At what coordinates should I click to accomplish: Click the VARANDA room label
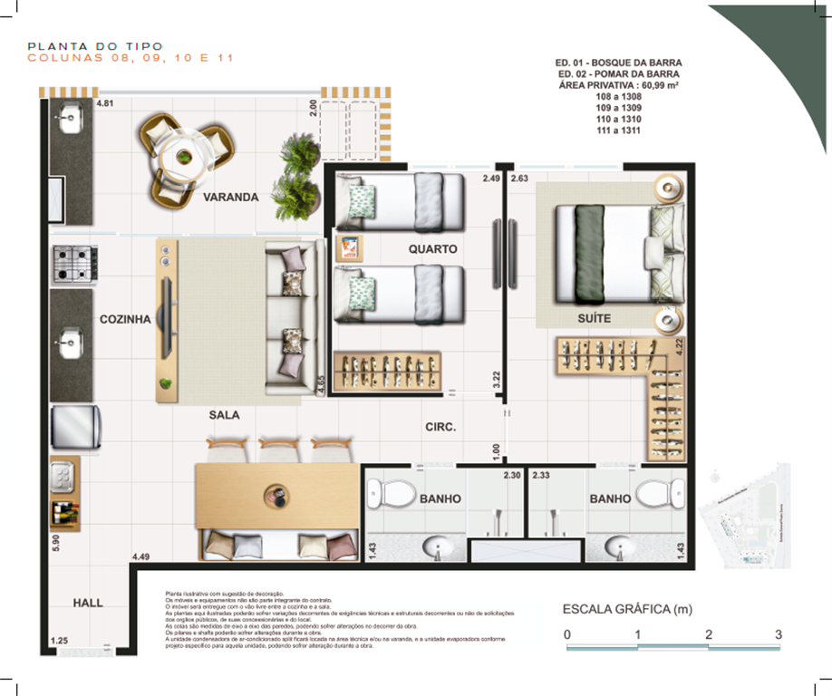pos(230,197)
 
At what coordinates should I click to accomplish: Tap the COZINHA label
pos(124,319)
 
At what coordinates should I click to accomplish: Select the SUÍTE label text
pos(594,319)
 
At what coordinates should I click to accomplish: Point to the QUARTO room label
pos(432,248)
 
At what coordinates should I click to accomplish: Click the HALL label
pos(88,603)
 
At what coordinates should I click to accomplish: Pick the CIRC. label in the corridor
pos(440,427)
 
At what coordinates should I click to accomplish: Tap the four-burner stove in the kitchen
pos(73,264)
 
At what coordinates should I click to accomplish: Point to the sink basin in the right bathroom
pos(620,546)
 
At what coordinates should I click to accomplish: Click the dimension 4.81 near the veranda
pos(105,103)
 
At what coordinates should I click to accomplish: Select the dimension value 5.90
pos(56,542)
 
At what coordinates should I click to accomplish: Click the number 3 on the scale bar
pos(779,635)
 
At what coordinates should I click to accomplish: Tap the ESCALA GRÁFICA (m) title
pos(629,608)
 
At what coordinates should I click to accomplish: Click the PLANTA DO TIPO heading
pos(95,46)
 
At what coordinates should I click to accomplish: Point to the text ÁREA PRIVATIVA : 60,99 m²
pos(619,85)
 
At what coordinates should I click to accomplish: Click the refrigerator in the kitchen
pos(73,427)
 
